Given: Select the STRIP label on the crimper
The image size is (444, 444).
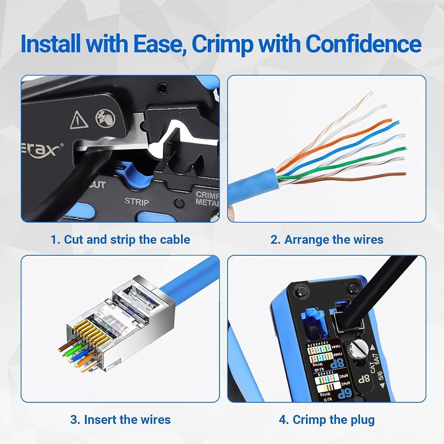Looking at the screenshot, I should (136, 201).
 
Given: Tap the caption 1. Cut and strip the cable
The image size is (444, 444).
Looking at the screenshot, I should (120, 240).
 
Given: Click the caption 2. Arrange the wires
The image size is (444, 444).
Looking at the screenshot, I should (327, 240).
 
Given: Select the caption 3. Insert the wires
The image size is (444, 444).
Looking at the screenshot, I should (120, 419).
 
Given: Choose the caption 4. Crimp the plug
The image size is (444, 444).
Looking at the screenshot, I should (327, 419).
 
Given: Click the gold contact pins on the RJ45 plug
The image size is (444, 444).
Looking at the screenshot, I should (89, 331).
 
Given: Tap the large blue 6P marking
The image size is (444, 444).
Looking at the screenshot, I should (329, 391).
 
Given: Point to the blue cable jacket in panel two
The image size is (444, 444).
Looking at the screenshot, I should (251, 184).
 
